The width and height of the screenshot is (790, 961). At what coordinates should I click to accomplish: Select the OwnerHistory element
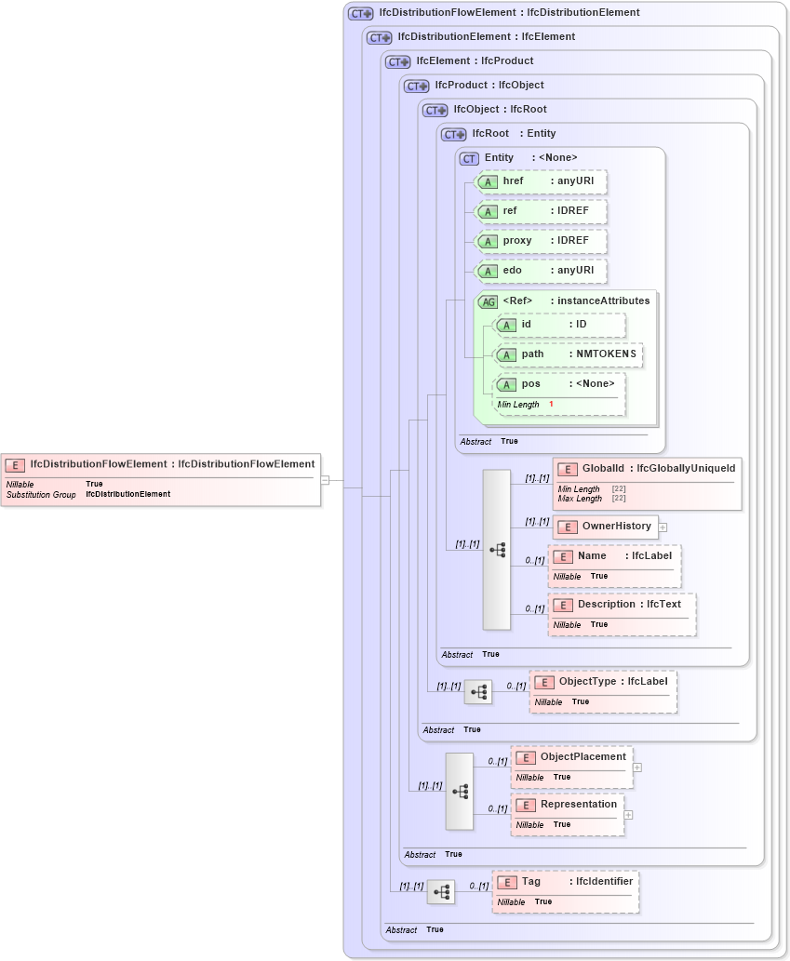coord(606,527)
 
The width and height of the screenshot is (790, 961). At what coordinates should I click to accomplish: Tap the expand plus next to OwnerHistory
coord(663,527)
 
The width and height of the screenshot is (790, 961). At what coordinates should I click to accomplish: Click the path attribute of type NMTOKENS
coord(568,354)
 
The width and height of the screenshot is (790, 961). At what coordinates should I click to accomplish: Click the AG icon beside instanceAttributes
coord(488,301)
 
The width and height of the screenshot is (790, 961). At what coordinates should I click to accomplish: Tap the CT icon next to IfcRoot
coord(453,134)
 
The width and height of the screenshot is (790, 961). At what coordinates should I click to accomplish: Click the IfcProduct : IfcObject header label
coord(489,86)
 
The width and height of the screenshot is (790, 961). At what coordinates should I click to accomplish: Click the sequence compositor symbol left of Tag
coord(441,891)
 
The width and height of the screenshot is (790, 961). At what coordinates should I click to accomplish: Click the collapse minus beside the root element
coord(325,480)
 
